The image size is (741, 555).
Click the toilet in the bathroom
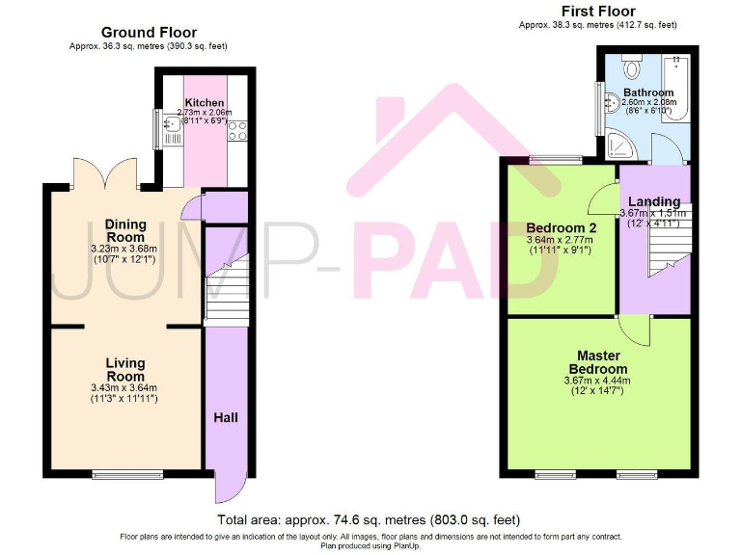pos(632,67)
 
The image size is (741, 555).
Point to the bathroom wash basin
pos(607,99)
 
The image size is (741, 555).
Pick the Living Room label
pos(124,369)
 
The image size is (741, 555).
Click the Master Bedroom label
pos(597,362)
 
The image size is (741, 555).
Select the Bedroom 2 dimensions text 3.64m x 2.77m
pos(559,240)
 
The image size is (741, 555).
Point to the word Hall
pos(226,417)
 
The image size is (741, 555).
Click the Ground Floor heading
pos(150,33)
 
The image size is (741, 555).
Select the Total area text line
pos(370,518)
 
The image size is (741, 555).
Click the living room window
pos(121,473)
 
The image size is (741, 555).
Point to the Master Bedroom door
pos(634,330)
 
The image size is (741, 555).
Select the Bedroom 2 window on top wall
pos(557,157)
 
